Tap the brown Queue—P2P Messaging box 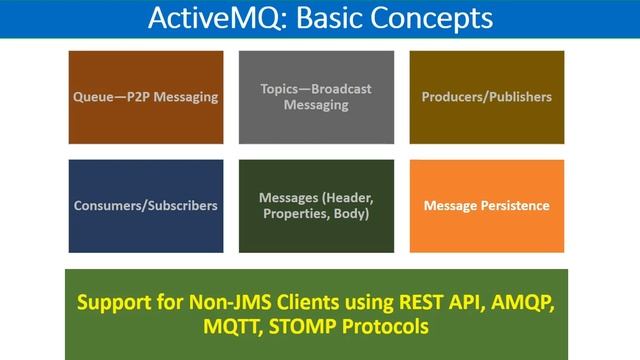tap(145, 97)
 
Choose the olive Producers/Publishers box tap(486, 97)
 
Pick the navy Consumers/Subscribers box tap(145, 205)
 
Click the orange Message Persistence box tap(486, 205)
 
